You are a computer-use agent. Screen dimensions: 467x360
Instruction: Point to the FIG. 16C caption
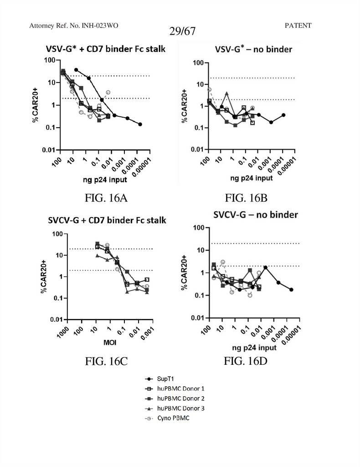(x=106, y=362)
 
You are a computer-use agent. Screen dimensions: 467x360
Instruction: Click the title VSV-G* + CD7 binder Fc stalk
(x=105, y=49)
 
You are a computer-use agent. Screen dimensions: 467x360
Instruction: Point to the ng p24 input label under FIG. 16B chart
(x=252, y=178)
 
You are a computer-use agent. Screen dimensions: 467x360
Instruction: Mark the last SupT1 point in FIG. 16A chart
(x=140, y=124)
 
